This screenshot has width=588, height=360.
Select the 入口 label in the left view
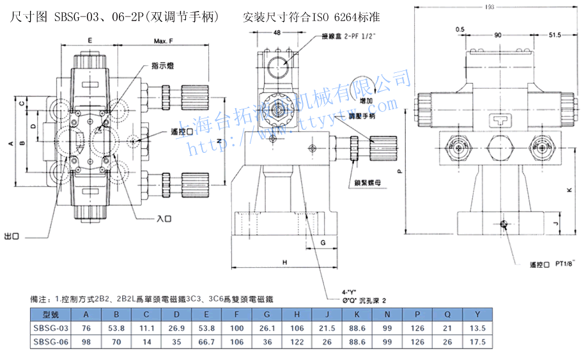coord(164,219)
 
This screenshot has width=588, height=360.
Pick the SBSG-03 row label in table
coord(50,328)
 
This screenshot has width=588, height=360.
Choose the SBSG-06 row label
coord(50,342)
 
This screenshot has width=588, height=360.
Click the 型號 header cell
coord(50,314)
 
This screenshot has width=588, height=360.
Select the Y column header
coord(476,314)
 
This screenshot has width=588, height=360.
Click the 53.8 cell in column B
coord(116,328)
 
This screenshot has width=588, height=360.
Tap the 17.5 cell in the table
coord(476,342)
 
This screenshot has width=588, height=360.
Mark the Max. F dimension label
coord(164,42)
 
